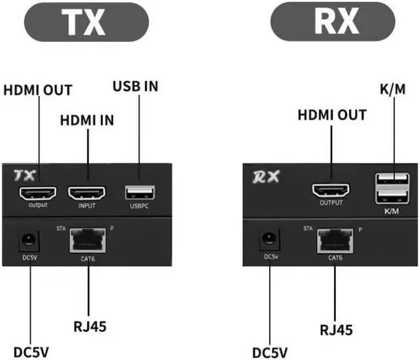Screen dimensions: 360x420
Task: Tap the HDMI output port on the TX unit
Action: coord(38,193)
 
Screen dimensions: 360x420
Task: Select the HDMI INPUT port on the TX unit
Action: coord(87,193)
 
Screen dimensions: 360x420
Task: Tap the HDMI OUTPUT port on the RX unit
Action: coord(331,191)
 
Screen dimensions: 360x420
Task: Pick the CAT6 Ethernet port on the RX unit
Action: coord(335,241)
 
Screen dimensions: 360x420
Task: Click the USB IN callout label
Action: coord(136,86)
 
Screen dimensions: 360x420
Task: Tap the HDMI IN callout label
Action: coord(87,121)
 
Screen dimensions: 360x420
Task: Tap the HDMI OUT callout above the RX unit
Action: coord(332,115)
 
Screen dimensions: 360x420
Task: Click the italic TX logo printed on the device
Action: coord(24,175)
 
